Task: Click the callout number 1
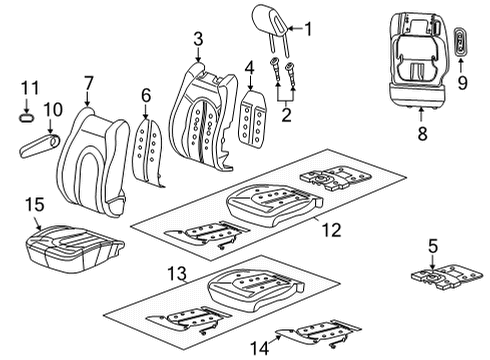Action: (x=308, y=29)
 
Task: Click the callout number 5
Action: (x=433, y=245)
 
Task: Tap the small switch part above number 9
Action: (x=462, y=46)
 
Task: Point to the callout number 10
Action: (x=52, y=107)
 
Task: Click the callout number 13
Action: (x=177, y=274)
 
